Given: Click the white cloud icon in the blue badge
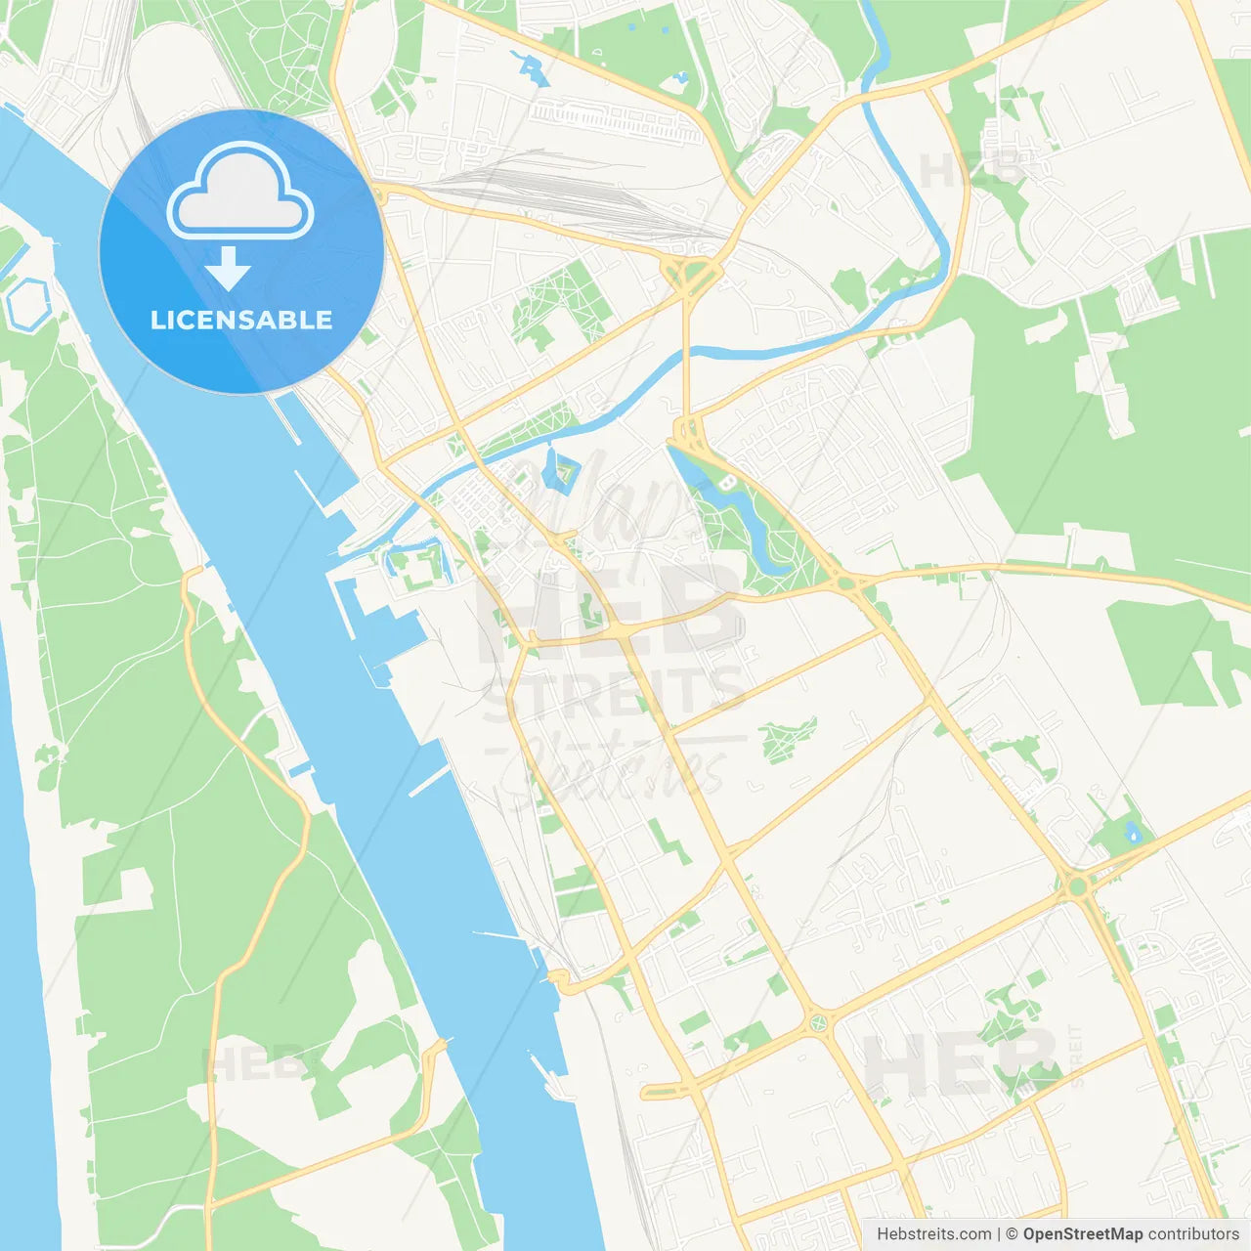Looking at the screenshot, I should [x=240, y=191].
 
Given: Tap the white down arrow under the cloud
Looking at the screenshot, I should [x=228, y=269].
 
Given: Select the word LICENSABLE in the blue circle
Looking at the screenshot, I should [x=241, y=320].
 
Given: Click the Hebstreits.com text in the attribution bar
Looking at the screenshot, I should [x=933, y=1234].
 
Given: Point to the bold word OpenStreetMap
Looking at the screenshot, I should [x=1082, y=1234].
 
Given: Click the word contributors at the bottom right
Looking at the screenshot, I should [x=1193, y=1234].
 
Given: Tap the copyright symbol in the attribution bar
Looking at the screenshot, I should [x=1012, y=1234].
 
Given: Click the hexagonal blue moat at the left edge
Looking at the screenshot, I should [x=26, y=303].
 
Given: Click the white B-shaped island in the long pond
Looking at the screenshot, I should [x=725, y=483].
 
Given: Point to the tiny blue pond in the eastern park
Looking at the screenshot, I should [x=1133, y=834].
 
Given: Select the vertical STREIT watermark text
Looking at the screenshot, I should [x=1076, y=1056].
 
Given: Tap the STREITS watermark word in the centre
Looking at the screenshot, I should [x=616, y=691].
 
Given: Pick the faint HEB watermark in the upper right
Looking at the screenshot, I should [x=968, y=173].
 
